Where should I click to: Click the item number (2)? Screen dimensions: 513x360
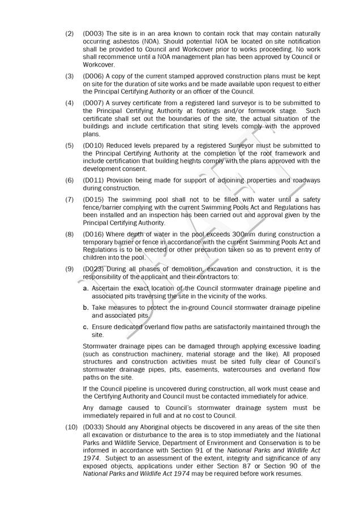[x=70, y=34]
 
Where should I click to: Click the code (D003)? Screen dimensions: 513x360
[x=93, y=34]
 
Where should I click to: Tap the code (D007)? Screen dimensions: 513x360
[x=93, y=103]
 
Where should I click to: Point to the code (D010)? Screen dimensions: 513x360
[x=93, y=145]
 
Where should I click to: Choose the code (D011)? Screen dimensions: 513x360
[x=93, y=180]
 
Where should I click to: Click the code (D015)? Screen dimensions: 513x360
[x=93, y=200]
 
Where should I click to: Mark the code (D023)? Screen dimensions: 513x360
[x=93, y=269]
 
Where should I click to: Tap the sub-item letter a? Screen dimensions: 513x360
[x=85, y=288]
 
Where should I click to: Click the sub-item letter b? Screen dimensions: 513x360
[x=85, y=308]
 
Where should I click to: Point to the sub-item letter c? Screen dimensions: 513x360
[x=85, y=327]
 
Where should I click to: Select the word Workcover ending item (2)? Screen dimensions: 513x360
[x=99, y=65]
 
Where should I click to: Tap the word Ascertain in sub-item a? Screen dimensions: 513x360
[x=108, y=288]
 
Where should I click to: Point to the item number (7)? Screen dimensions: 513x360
[x=70, y=200]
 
